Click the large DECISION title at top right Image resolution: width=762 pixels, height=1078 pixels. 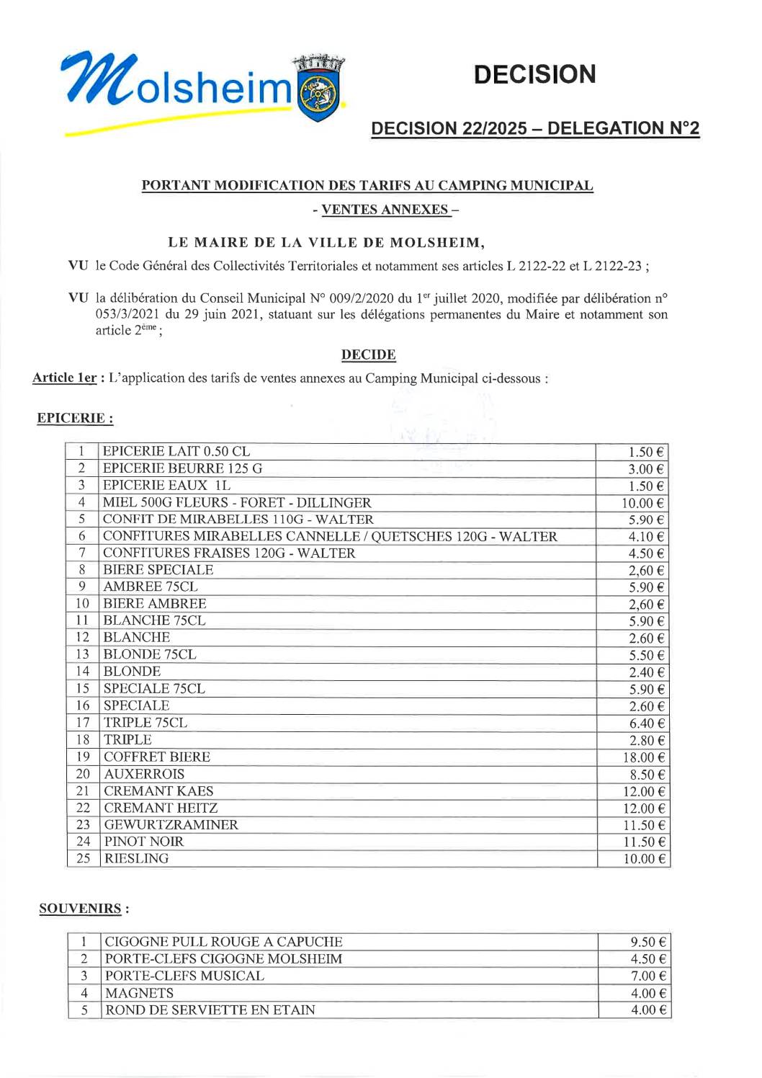(x=534, y=74)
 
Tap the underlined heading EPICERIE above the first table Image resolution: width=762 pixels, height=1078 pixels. (x=75, y=418)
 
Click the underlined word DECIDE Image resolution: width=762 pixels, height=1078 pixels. (x=368, y=355)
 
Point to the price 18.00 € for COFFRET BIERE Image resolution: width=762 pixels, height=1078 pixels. (x=643, y=757)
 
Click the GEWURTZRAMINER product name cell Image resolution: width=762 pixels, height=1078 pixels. (x=171, y=824)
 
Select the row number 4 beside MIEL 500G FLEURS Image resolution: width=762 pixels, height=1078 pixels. (x=82, y=502)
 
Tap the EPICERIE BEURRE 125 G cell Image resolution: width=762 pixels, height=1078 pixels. (x=183, y=468)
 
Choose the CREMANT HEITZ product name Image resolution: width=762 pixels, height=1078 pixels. (x=161, y=808)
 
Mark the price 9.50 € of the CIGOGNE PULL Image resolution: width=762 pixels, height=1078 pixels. (x=647, y=942)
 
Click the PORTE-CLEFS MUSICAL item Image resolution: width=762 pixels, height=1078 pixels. (x=184, y=976)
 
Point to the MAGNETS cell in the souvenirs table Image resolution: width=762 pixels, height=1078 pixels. (x=140, y=993)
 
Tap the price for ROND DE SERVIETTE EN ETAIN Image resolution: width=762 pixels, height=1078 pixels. (x=647, y=1010)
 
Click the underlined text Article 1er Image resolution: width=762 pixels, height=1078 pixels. (x=64, y=378)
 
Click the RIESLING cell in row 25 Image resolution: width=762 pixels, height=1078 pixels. (x=137, y=858)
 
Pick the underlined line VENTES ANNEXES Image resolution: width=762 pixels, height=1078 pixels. (x=385, y=210)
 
